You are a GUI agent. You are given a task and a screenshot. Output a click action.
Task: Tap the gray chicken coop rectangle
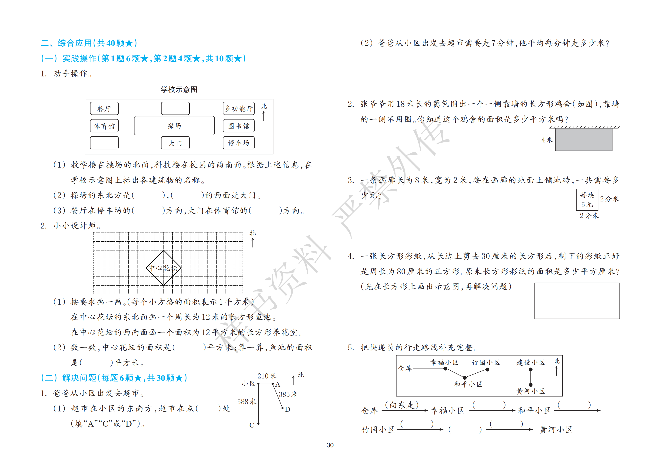584,140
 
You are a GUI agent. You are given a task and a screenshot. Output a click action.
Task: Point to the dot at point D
282,408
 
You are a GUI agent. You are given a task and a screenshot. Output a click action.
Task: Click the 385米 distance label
288,394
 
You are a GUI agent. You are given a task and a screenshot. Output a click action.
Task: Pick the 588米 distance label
246,402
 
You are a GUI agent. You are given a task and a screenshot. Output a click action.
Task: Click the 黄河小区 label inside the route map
530,391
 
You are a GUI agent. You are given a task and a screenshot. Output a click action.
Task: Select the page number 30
330,445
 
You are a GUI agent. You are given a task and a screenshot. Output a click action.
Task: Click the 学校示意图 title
179,89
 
